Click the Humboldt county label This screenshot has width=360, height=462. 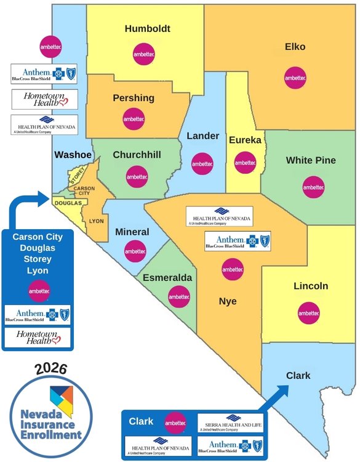pos(147,28)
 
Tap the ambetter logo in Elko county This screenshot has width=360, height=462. pos(295,78)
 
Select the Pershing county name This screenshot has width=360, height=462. pos(134,98)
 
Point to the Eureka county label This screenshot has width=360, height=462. pos(245,140)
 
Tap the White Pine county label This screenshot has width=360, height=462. pos(311,160)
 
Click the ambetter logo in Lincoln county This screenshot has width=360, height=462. pos(309,313)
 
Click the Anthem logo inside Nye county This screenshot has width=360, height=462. pos(238,241)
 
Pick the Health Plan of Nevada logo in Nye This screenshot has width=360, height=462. pos(219,216)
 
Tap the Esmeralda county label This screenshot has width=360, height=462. pos(167,278)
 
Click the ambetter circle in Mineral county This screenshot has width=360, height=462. pos(135,251)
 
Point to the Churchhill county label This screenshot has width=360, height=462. pos(137,155)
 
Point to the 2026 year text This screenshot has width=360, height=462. pos(51,368)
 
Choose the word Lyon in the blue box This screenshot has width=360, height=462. pos(37,270)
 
